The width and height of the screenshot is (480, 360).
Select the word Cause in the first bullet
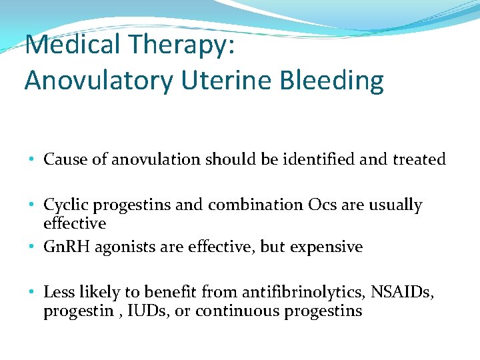pos(62,159)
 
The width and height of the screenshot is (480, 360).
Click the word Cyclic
pos(63,205)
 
